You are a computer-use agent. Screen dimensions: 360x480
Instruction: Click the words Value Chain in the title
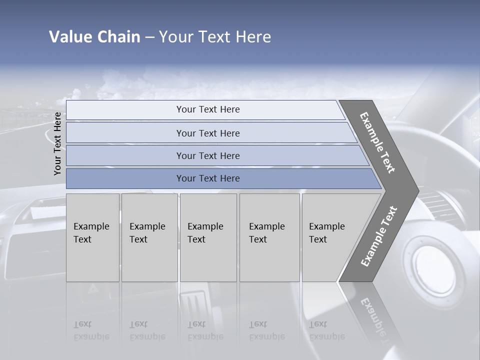click(94, 37)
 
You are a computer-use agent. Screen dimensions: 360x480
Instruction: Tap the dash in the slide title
click(149, 37)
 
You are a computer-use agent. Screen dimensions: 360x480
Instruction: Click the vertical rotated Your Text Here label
click(57, 143)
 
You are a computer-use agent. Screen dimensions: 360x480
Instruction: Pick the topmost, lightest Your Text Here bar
click(207, 109)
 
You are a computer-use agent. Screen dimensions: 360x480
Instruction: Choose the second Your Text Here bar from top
click(207, 133)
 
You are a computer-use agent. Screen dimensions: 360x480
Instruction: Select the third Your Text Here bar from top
click(207, 155)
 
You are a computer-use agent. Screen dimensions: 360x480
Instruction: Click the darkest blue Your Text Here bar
click(207, 178)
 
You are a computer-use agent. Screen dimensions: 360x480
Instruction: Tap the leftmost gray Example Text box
click(92, 237)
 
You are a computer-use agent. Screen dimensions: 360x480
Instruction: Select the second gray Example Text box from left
click(149, 237)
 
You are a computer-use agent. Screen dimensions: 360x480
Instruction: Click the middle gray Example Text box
click(208, 237)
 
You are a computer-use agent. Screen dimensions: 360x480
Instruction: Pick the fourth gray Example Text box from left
click(269, 237)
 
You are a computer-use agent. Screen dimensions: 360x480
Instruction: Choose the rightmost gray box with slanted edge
click(330, 237)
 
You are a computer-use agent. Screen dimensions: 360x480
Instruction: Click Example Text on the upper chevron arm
click(377, 142)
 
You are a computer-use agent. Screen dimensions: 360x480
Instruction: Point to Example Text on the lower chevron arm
click(379, 236)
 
